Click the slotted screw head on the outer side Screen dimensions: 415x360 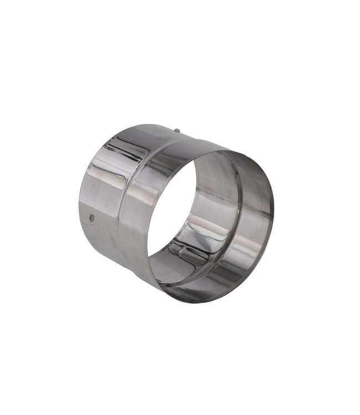91,219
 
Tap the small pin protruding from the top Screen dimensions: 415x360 176,131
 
